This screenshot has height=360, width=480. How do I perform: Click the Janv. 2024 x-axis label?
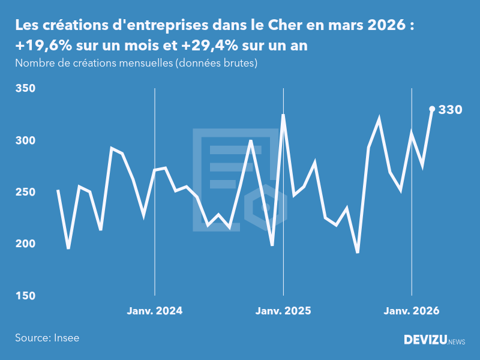tap(155, 311)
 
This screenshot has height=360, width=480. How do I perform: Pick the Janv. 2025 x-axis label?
tap(283, 311)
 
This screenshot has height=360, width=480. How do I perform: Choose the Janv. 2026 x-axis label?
tap(412, 311)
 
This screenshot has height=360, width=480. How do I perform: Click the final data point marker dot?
tap(432, 109)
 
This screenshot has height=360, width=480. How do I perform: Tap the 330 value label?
tap(450, 110)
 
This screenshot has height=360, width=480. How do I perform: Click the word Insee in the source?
tap(66, 338)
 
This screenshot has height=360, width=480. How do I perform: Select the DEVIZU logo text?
tap(425, 340)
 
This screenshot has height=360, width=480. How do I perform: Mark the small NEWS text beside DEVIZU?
tap(457, 342)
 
